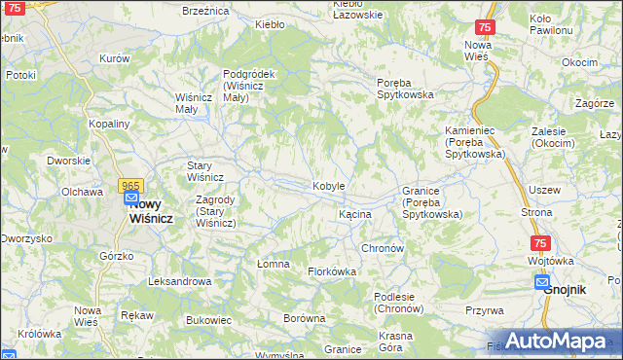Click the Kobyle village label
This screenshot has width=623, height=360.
328,186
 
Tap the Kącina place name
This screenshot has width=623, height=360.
354,213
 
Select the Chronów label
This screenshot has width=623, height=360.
383,248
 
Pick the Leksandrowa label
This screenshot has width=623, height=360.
179,281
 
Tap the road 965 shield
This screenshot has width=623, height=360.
131,185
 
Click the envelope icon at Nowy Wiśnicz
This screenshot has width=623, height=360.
132,199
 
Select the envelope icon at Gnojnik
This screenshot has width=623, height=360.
542,282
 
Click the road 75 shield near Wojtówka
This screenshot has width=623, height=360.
540,244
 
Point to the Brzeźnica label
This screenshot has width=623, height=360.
205,11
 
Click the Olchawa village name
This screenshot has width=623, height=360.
82,192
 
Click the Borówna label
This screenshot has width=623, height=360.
303,318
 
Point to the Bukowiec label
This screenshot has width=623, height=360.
208,319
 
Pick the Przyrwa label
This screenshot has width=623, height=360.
484,310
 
